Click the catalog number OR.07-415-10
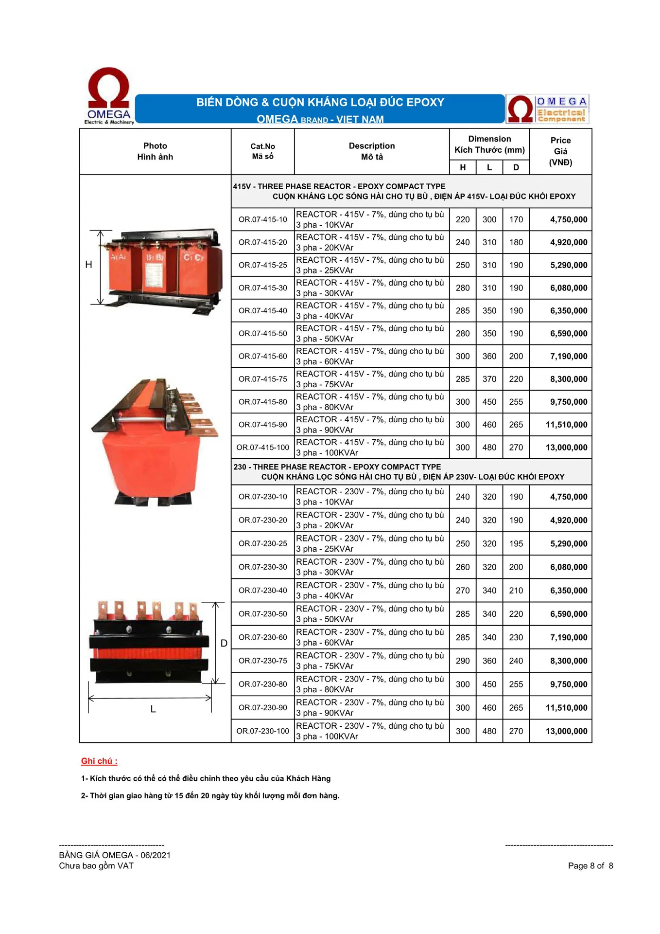click(x=262, y=219)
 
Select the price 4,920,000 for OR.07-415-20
click(x=568, y=242)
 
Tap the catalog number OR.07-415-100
click(x=262, y=448)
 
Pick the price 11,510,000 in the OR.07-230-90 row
click(x=566, y=708)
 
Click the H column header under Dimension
click(x=463, y=167)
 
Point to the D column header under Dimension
click(x=516, y=167)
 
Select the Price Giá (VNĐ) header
click(x=560, y=151)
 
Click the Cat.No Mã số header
click(x=262, y=151)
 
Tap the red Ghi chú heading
click(x=99, y=761)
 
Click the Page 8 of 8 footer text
click(x=590, y=866)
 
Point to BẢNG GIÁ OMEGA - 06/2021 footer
click(x=115, y=855)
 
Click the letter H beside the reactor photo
click(x=88, y=265)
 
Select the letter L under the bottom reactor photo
click(x=153, y=709)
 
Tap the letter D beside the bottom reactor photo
click(x=224, y=643)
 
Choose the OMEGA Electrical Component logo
click(x=547, y=108)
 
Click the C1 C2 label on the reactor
click(x=193, y=257)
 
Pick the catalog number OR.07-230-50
click(x=262, y=614)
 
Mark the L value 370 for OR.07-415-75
click(x=489, y=379)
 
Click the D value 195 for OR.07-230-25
click(x=516, y=543)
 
